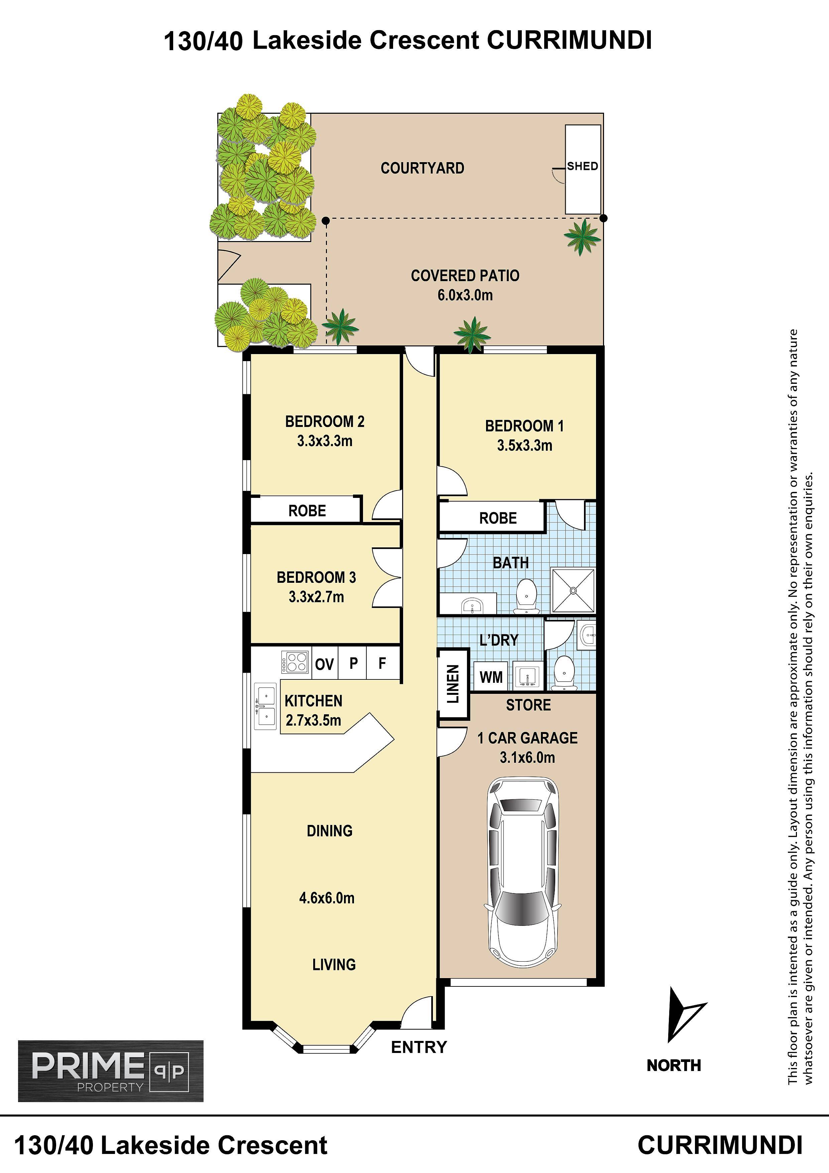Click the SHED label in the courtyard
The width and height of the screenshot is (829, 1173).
[582, 166]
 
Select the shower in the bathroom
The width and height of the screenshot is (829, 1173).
[573, 590]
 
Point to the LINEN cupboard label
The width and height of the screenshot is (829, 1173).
[453, 683]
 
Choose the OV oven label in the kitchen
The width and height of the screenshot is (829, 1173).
[324, 664]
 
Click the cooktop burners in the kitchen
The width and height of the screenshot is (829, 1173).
[295, 662]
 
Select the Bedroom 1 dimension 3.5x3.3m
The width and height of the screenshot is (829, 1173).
[524, 445]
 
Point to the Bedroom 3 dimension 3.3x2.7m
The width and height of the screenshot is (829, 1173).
[316, 597]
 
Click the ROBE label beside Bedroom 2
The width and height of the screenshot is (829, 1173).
[307, 511]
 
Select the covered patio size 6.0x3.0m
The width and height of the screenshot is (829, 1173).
[465, 295]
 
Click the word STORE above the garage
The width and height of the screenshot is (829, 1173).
[528, 705]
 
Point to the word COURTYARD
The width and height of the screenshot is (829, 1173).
[423, 168]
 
